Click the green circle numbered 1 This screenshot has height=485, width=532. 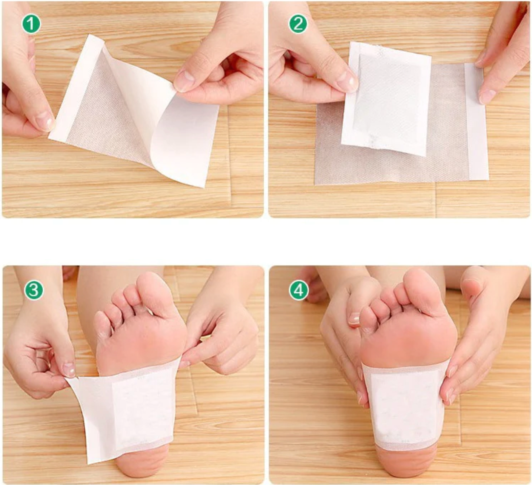point(31,25)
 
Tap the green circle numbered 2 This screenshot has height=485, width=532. point(298,25)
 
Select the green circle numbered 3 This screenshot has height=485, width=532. point(33,290)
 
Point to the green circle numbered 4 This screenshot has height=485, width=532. point(299,290)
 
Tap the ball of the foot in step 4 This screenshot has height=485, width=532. point(410,338)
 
